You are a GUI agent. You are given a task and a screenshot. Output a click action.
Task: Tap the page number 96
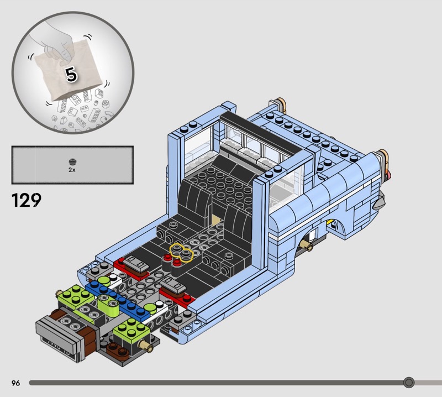(15, 383)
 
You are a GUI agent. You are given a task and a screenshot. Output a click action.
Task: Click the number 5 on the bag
(72, 74)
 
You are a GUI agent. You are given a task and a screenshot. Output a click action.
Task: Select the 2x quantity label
(72, 171)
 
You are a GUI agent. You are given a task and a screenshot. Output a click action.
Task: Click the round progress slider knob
(409, 382)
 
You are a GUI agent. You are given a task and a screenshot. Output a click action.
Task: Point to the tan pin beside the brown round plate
(148, 346)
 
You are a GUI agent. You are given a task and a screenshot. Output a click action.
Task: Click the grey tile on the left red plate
(136, 264)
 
